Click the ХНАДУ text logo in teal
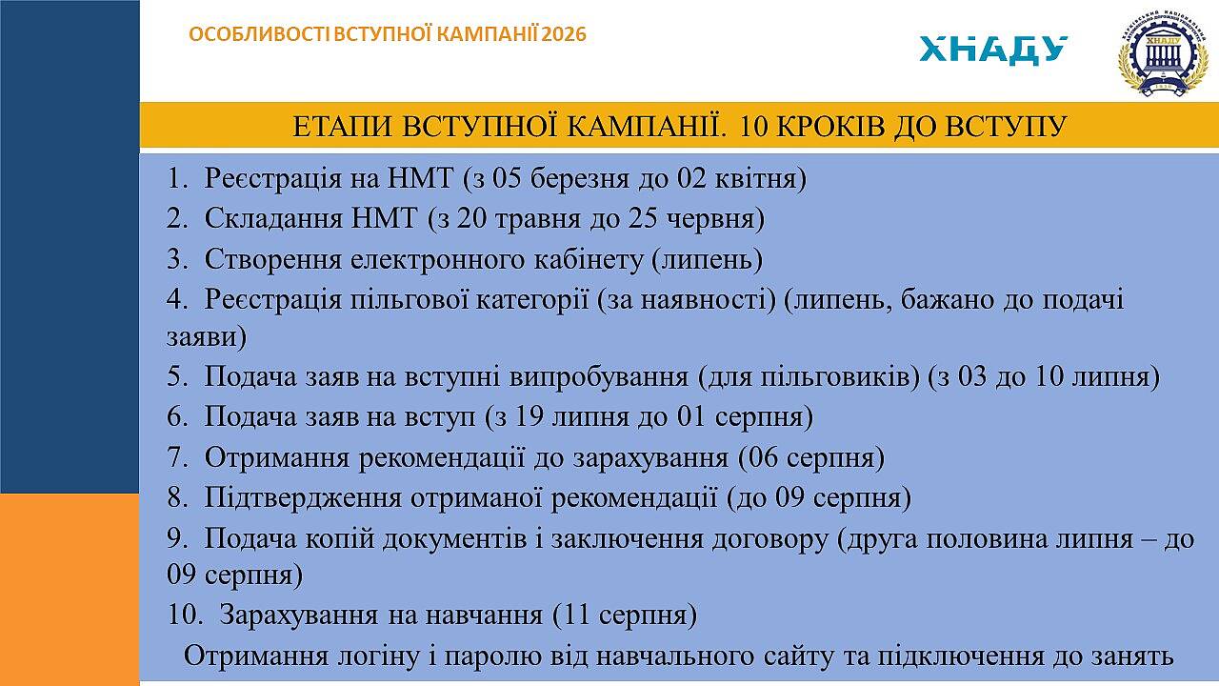pos(993,50)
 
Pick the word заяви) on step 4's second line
pos(207,337)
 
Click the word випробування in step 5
pos(599,376)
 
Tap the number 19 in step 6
pos(528,417)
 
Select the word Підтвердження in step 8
pos(303,498)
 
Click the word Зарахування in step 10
pos(299,615)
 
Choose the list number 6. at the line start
pos(177,417)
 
